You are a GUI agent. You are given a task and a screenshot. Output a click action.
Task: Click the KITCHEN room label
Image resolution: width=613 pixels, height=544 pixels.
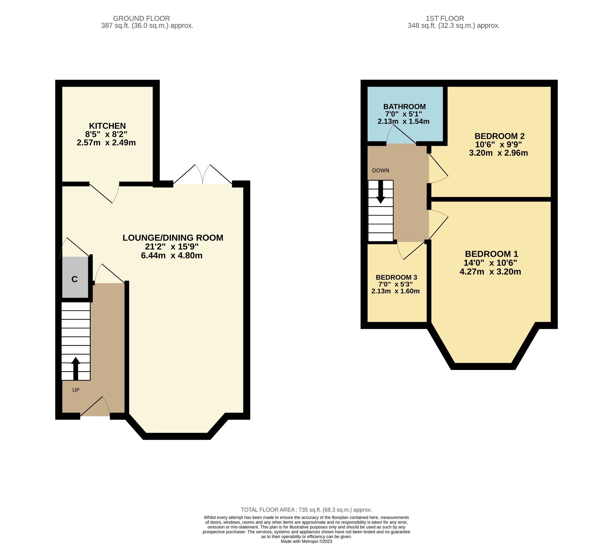107,126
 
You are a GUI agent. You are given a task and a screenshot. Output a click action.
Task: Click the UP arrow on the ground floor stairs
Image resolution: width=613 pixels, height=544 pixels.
75,368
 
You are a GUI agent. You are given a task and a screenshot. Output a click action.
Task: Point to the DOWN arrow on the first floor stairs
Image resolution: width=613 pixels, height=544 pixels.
380,192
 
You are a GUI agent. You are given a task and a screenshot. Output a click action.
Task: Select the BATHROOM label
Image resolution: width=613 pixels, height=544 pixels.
404,107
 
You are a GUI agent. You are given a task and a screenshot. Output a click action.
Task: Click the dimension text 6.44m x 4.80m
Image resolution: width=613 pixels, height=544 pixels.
172,256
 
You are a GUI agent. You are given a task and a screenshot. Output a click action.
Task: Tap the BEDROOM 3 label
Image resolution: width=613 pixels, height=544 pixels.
396,277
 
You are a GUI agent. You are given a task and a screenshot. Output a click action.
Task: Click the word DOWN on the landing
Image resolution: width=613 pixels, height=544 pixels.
380,170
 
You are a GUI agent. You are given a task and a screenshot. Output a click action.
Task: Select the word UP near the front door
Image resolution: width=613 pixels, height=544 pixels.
76,390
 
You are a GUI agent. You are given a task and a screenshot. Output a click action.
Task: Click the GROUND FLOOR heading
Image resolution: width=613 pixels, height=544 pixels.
141,18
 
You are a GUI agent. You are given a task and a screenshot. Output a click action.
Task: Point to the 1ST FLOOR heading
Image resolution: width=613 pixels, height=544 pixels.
444,18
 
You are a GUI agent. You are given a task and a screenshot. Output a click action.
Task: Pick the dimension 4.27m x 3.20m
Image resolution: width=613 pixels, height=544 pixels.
490,272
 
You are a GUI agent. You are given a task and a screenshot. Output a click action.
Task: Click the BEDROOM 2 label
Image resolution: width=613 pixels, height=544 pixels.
499,136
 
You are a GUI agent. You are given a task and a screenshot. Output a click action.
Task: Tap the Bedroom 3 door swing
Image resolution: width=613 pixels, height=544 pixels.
411,251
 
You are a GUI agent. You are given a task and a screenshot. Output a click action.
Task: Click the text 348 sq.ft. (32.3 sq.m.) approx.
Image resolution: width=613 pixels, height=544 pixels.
453,26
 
